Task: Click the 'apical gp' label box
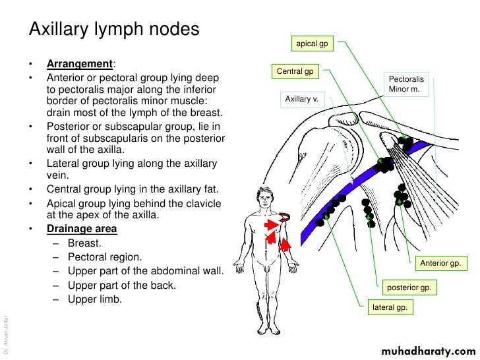coord(312,44)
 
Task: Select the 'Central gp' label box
coord(295,71)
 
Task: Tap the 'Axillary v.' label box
coord(301,99)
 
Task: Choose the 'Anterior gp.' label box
coord(441,264)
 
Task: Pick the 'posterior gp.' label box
coord(411,287)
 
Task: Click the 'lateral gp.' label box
coord(390,307)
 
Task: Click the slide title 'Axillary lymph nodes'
coord(114,30)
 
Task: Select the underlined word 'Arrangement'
coord(79,64)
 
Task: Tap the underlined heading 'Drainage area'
coord(82,229)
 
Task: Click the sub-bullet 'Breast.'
coord(84,243)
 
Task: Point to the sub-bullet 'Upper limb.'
coord(95,299)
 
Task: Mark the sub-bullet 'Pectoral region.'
coord(104,257)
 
